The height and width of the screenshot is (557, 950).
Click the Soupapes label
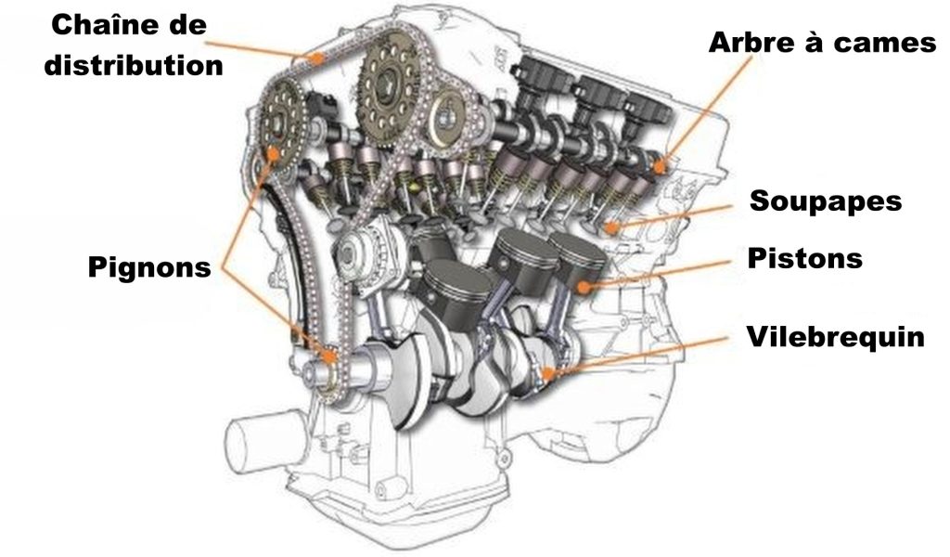coord(825,201)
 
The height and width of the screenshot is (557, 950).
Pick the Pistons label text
coord(805,257)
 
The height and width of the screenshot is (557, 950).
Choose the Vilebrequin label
coord(835,336)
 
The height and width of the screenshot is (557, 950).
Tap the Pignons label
coord(149,266)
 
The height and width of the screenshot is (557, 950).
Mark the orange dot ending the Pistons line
coord(582,287)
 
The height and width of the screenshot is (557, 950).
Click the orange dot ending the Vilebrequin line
coord(549,373)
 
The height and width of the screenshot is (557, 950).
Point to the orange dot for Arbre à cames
coord(660,167)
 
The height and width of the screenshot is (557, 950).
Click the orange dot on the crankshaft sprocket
coord(327,354)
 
